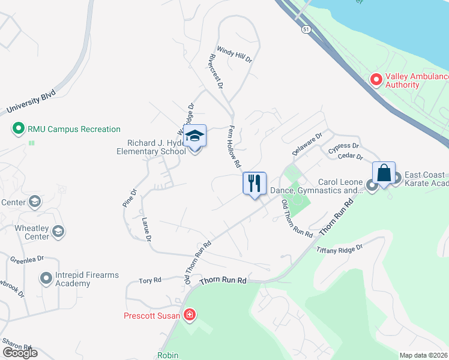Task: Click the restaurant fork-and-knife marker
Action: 254,182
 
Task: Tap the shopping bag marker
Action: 384,173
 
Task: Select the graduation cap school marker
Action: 194,136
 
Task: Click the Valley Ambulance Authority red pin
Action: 376,79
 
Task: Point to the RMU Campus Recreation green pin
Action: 18,128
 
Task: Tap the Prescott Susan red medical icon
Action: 190,314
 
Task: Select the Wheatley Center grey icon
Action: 58,231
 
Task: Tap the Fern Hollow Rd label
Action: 234,146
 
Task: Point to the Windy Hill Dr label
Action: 234,56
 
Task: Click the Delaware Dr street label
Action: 307,145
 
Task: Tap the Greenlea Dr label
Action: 27,259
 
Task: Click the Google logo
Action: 20,353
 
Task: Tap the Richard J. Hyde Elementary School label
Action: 156,147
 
